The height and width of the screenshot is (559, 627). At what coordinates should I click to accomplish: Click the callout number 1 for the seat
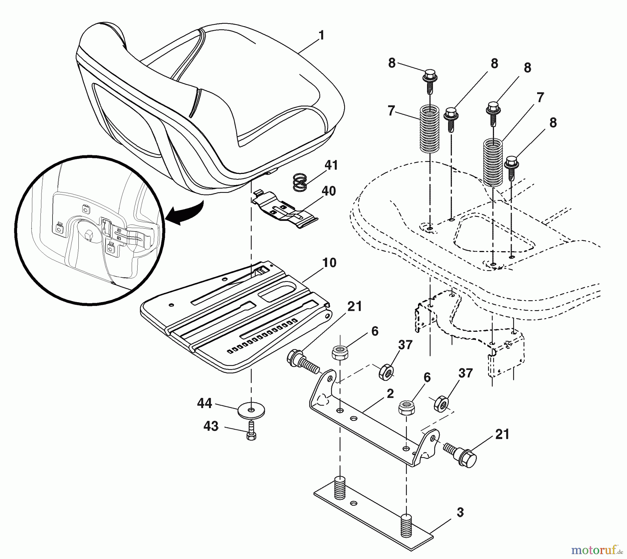point(321,35)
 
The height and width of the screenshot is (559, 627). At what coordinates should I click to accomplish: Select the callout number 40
point(328,191)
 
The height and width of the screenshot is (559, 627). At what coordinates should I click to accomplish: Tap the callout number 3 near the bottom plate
point(460,512)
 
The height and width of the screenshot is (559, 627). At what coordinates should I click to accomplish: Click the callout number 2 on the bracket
point(390,393)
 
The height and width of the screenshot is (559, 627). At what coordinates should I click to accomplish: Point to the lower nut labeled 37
point(441,403)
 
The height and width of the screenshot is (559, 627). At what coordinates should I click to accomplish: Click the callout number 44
point(204,403)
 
